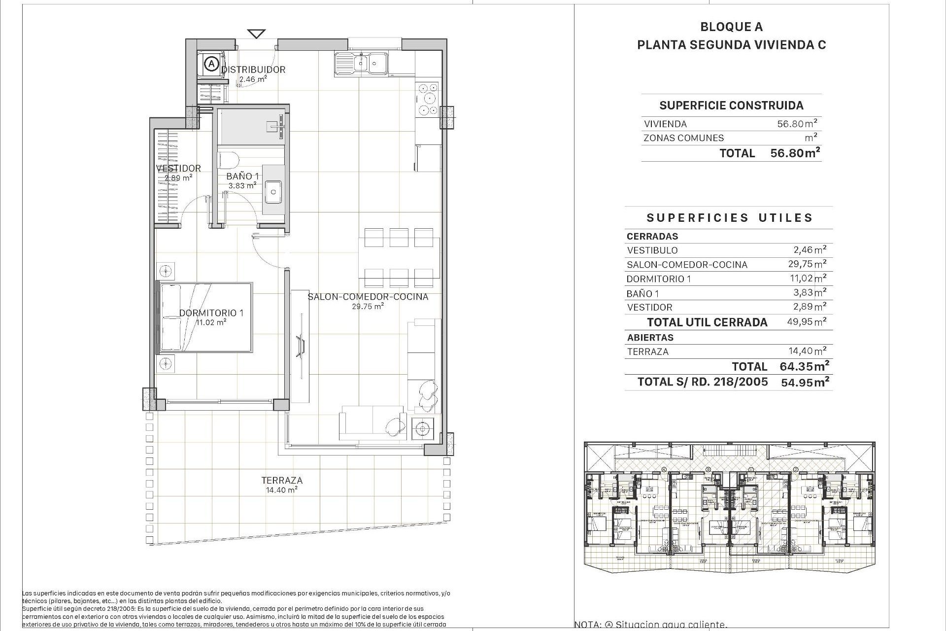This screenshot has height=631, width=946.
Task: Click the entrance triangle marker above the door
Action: (x=256, y=34)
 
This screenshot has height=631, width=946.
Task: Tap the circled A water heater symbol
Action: (x=211, y=64)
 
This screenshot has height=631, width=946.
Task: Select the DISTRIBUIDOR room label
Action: (x=253, y=70)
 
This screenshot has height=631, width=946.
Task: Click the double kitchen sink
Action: (x=361, y=64)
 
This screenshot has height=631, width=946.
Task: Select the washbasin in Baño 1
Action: (x=273, y=191)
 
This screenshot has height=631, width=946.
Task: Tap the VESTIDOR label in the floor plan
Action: (x=178, y=168)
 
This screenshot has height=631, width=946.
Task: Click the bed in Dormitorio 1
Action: (x=205, y=317)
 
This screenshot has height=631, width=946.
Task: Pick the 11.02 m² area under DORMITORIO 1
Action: (x=211, y=322)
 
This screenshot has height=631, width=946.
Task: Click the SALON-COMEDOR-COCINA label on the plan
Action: (x=368, y=297)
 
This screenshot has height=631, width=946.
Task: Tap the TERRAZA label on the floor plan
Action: (x=282, y=480)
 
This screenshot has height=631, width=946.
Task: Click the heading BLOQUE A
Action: (x=731, y=27)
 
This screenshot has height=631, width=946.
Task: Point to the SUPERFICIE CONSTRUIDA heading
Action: (x=731, y=105)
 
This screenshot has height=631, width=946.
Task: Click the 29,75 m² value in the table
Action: (x=807, y=264)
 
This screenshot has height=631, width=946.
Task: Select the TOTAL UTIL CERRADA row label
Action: (x=707, y=322)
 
